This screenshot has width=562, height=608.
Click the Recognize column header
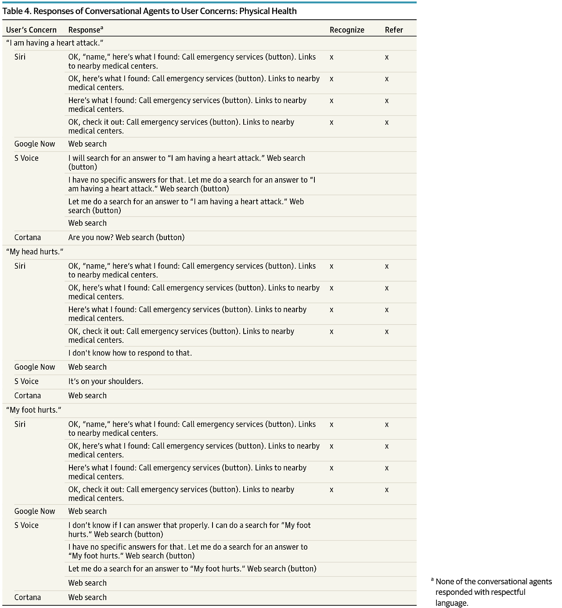pyautogui.click(x=347, y=30)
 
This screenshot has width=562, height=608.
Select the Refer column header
pyautogui.click(x=394, y=30)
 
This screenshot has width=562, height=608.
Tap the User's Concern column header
pyautogui.click(x=31, y=30)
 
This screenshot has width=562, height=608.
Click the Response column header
pyautogui.click(x=86, y=30)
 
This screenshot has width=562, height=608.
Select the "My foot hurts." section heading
pyautogui.click(x=33, y=410)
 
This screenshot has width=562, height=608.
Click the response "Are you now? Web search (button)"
pyautogui.click(x=126, y=237)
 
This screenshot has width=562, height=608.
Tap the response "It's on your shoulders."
pyautogui.click(x=106, y=381)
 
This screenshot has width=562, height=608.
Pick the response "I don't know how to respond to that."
pyautogui.click(x=130, y=353)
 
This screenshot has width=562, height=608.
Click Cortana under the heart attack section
pyautogui.click(x=28, y=237)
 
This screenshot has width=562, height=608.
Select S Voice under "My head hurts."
pyautogui.click(x=26, y=381)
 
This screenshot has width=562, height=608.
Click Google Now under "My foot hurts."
pyautogui.click(x=35, y=511)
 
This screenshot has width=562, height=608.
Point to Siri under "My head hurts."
pyautogui.click(x=20, y=266)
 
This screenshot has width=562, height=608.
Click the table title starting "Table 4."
pyautogui.click(x=149, y=11)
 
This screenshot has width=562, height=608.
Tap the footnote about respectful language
pyautogui.click(x=493, y=592)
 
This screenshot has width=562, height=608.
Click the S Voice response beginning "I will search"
pyautogui.click(x=187, y=162)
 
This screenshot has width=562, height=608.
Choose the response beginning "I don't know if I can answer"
pyautogui.click(x=189, y=529)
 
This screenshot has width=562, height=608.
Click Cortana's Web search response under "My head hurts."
pyautogui.click(x=87, y=396)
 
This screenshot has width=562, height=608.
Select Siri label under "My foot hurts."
pyautogui.click(x=20, y=424)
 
